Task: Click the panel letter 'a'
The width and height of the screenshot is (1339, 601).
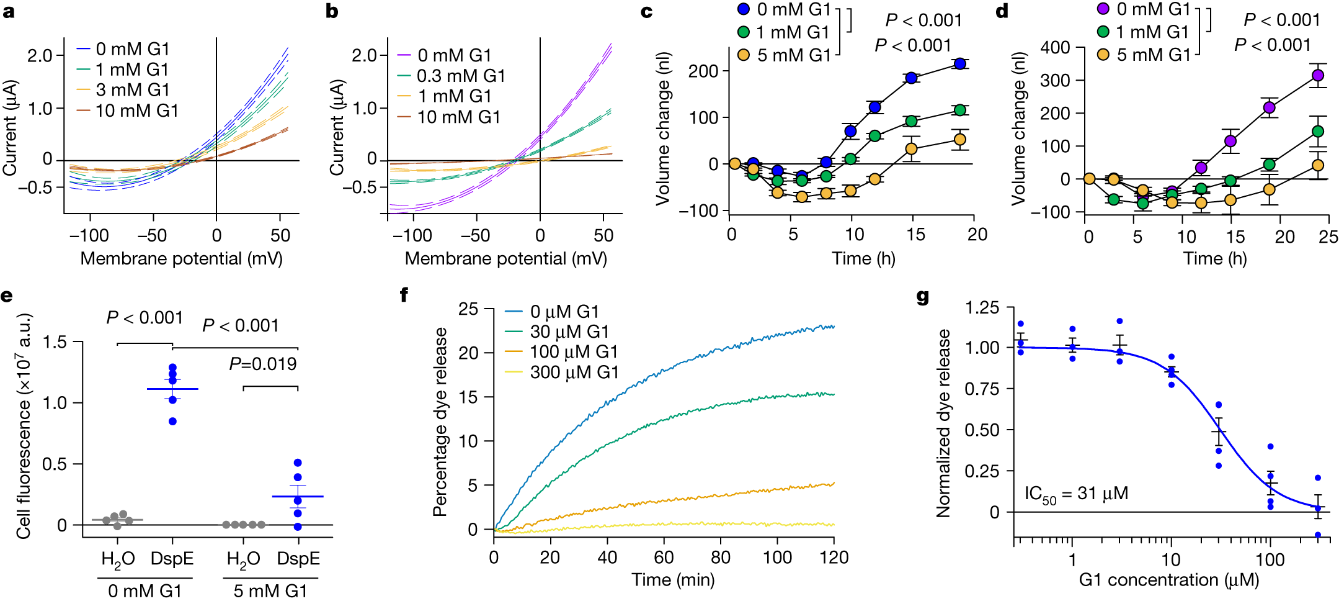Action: [8, 11]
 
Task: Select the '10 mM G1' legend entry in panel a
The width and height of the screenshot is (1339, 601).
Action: [136, 111]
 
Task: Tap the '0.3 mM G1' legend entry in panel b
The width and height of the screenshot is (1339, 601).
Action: [460, 76]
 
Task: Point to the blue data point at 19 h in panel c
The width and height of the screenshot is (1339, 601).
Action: [960, 63]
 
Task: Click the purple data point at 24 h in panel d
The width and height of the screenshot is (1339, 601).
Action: [1318, 76]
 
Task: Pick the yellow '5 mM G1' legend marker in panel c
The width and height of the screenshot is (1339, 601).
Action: [743, 55]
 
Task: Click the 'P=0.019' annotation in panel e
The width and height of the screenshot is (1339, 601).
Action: [263, 364]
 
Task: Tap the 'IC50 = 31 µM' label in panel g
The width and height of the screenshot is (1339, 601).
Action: [1075, 495]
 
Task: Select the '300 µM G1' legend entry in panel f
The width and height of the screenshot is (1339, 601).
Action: [574, 373]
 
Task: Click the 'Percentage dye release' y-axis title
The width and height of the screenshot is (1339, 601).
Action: [440, 422]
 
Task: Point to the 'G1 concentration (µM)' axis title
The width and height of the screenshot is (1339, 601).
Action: [1169, 580]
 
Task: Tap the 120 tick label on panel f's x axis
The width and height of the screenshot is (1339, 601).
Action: [833, 558]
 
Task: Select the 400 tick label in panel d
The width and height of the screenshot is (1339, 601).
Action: [1055, 48]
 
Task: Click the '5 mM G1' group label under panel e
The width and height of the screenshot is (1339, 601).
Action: [270, 590]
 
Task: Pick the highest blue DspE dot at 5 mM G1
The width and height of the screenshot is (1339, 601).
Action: [298, 463]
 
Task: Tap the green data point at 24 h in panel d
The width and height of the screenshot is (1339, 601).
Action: [1318, 132]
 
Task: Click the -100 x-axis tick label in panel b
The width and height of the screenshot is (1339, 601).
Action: [413, 236]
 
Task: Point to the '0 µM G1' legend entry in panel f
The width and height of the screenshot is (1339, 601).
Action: [564, 312]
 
